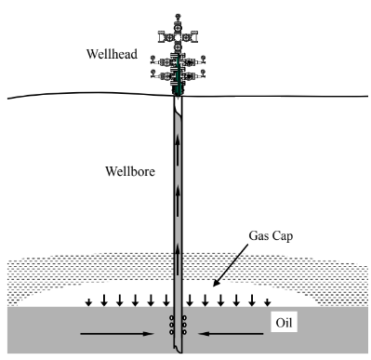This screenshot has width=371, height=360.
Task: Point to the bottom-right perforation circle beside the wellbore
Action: [185, 334]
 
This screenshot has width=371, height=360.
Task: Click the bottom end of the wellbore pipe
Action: [178, 352]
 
